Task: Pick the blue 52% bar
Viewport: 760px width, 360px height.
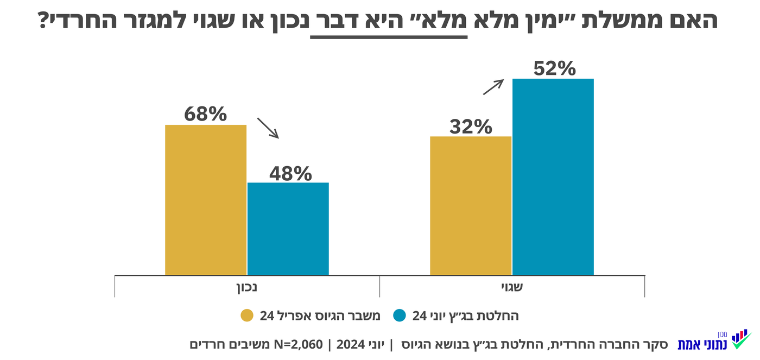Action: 553,176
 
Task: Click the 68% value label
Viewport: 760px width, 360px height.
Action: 205,114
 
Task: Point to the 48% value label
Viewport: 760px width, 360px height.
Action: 290,173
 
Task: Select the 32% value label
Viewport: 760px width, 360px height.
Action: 471,127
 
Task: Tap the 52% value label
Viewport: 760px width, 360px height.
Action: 554,68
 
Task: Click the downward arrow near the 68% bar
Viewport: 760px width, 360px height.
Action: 268,128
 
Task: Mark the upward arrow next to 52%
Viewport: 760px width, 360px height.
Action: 493,87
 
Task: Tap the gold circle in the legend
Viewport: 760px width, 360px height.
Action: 247,316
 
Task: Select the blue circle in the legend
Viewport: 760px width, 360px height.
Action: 400,316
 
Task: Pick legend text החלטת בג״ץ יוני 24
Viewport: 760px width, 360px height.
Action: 466,316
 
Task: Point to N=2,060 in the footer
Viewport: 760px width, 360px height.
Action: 299,344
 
